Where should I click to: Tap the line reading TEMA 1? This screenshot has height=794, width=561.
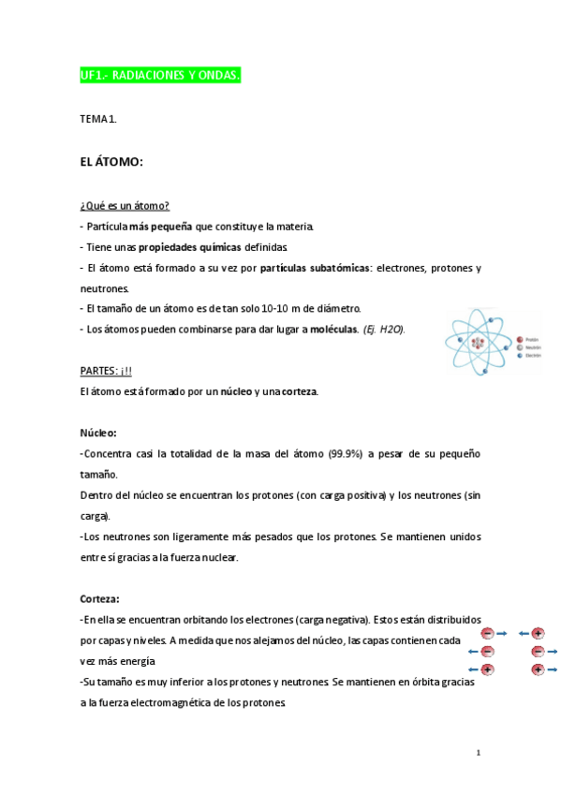click(x=98, y=119)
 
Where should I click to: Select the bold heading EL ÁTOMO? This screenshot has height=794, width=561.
click(x=111, y=162)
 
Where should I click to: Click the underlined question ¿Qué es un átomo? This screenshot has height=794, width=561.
click(x=125, y=206)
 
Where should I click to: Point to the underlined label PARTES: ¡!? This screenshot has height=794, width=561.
click(x=106, y=371)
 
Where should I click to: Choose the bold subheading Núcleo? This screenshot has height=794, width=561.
click(x=98, y=433)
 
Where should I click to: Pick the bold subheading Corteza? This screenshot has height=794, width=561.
click(x=99, y=598)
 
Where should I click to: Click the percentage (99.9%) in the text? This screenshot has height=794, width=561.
click(x=345, y=453)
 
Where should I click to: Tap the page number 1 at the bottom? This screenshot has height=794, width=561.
click(x=478, y=752)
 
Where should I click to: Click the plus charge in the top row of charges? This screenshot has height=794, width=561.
click(x=538, y=634)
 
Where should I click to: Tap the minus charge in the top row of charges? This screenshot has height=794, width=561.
click(x=487, y=634)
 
